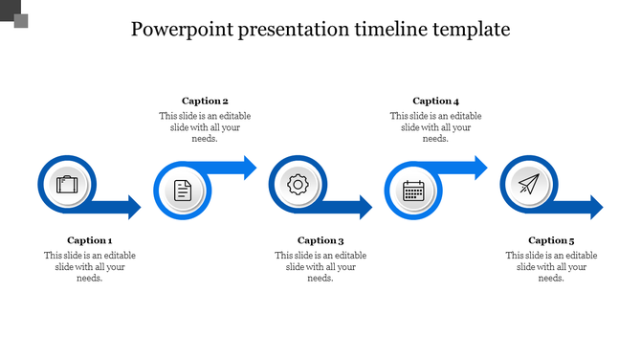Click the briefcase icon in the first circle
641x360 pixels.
[67, 184]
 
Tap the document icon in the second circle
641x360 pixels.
[183, 191]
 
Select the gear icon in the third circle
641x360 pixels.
[298, 184]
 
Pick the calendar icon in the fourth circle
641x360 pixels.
[413, 191]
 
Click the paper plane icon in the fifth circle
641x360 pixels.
[528, 184]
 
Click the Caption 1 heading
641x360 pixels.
[90, 240]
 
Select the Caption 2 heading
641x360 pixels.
[205, 101]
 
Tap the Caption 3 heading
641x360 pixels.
[320, 240]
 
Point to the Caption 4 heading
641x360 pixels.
[435, 101]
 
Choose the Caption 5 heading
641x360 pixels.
[551, 240]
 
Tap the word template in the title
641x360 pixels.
[470, 30]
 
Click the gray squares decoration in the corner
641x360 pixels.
[14, 14]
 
